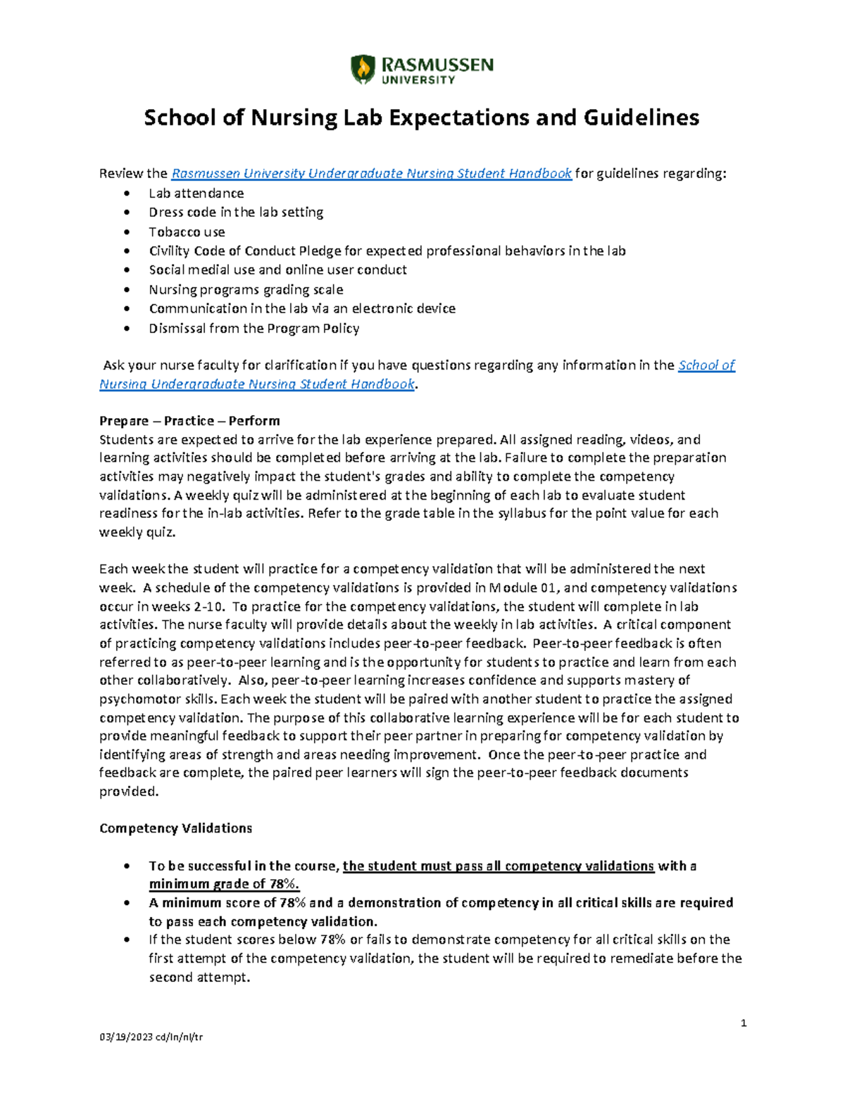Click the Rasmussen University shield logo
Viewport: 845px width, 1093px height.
tap(363, 70)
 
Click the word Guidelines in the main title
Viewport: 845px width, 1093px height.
tap(641, 118)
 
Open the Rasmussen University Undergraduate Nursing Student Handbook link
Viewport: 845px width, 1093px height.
tap(371, 173)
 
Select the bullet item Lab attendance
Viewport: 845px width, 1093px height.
tap(196, 193)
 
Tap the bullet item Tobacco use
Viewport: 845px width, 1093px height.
tap(187, 232)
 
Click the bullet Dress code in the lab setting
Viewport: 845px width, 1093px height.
tap(236, 212)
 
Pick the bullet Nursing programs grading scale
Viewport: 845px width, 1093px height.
tap(246, 289)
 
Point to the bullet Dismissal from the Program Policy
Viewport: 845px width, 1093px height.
tap(254, 328)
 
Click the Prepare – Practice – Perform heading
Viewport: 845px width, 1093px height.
tap(189, 421)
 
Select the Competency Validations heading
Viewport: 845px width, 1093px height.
tap(175, 828)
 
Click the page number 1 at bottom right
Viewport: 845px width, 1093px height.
tap(743, 1023)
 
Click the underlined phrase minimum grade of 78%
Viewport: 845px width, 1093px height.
tap(224, 884)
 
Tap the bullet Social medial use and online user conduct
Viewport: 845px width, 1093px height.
tap(277, 270)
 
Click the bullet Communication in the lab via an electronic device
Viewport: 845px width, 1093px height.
tap(302, 308)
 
